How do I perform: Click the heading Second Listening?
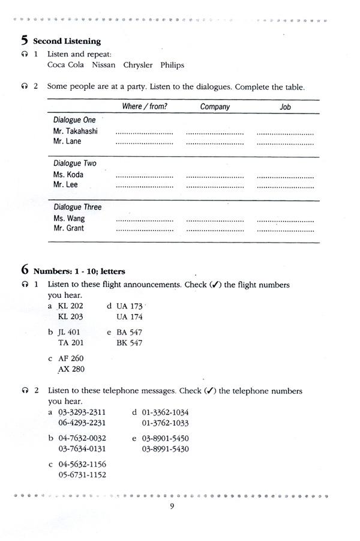click(67, 41)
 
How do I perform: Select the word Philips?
click(170, 65)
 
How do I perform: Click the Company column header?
click(215, 107)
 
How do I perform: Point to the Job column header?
click(286, 107)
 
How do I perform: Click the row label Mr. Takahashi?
click(76, 131)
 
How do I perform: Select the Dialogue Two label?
click(74, 163)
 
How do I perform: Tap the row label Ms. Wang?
click(68, 218)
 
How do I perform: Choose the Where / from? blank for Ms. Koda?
click(144, 177)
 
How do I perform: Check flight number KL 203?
click(70, 316)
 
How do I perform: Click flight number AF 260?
click(71, 358)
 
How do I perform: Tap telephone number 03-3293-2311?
click(82, 413)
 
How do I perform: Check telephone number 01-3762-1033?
click(166, 422)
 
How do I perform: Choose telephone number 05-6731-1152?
click(82, 474)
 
